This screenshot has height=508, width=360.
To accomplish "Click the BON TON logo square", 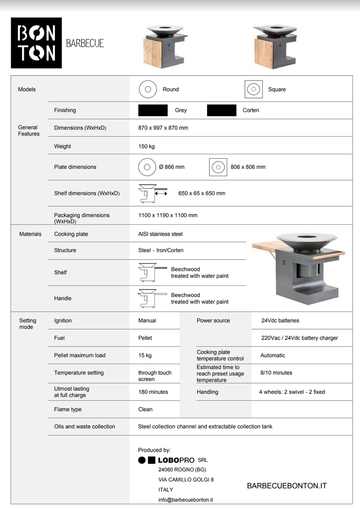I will (36, 43).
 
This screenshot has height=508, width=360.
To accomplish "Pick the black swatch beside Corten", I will (221, 110).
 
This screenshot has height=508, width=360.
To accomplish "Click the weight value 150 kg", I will (146, 147).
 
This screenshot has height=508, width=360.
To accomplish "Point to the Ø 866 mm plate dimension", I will (171, 167).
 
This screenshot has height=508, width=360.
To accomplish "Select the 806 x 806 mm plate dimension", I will (248, 167).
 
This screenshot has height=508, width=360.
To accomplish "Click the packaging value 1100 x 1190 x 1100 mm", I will (168, 215).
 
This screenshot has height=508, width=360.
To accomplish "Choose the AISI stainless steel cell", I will (160, 234).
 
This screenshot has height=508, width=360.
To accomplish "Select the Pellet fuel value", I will (145, 338).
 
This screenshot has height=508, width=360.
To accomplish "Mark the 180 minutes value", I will (153, 392).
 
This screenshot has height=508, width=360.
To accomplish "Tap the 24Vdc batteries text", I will (280, 321).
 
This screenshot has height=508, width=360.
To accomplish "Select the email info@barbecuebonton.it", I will (185, 499).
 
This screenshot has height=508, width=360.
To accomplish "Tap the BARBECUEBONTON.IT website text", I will (287, 486).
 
